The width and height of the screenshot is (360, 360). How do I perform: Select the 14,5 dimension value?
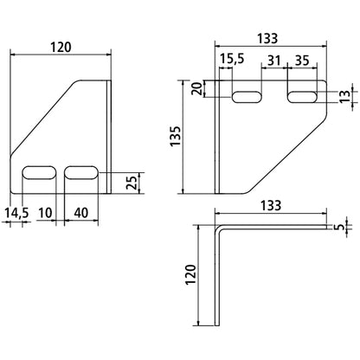(19, 212)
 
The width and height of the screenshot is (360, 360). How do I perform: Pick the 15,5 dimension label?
(233, 59)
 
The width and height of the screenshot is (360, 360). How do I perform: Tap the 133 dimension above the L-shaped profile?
(268, 208)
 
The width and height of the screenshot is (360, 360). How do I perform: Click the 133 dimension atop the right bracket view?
(268, 39)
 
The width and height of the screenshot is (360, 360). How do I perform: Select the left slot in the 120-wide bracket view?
(38, 173)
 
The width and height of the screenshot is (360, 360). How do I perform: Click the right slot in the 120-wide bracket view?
(82, 173)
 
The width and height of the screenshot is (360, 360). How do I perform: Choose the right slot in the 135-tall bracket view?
(303, 94)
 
